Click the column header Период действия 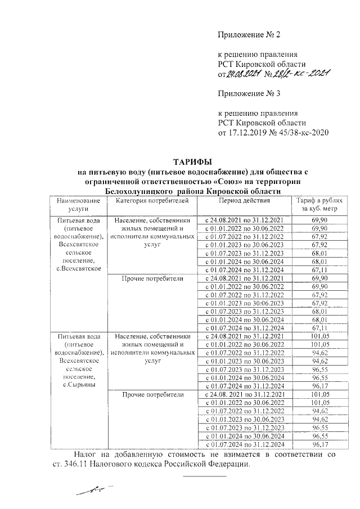(x=245, y=200)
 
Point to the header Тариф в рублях (x=319, y=201)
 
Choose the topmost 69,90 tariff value (x=319, y=219)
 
